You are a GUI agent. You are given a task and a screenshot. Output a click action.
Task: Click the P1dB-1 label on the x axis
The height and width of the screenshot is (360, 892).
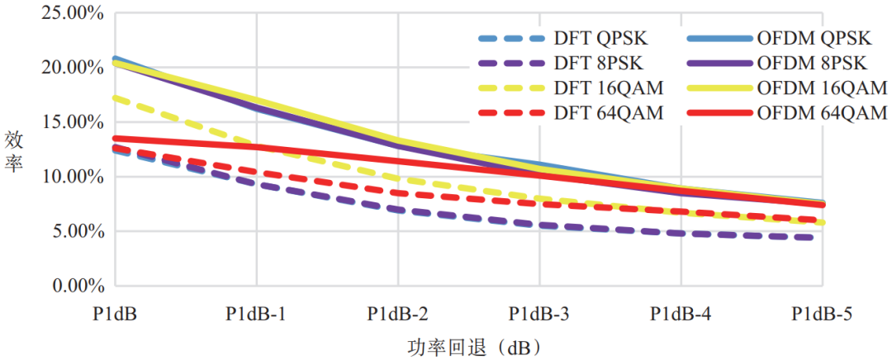point(256,315)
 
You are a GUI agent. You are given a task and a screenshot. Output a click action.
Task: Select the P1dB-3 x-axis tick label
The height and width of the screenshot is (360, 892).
point(539,315)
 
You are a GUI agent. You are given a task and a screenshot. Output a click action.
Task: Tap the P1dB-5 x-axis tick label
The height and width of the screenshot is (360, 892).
point(823,315)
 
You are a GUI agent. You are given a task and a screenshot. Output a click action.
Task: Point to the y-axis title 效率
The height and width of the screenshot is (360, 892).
point(14,150)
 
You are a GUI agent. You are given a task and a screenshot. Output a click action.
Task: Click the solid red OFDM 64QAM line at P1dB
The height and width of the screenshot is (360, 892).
point(115,139)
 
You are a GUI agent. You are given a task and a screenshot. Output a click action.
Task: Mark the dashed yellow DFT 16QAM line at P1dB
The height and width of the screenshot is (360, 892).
point(115,97)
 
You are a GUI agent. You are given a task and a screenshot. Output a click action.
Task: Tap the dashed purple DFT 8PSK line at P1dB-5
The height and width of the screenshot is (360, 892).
point(821,239)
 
